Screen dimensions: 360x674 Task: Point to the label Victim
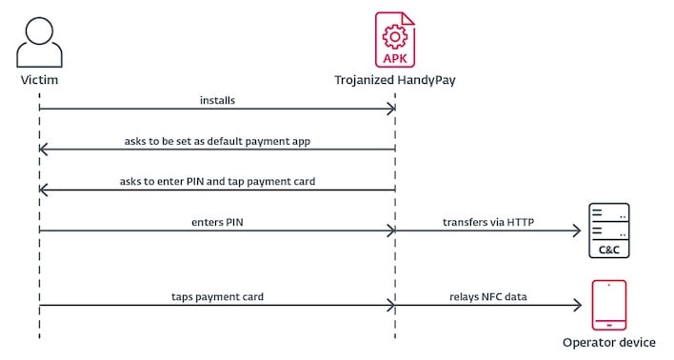(x=39, y=80)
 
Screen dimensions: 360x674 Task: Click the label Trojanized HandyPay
(x=394, y=80)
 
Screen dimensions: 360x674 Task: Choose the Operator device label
(x=609, y=343)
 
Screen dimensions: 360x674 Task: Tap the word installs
(x=218, y=99)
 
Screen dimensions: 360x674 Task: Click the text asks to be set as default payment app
(x=217, y=140)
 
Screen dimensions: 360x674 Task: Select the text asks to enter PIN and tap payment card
(x=217, y=181)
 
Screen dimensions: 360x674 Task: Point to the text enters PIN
(x=218, y=222)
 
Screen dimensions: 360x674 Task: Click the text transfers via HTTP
(x=488, y=222)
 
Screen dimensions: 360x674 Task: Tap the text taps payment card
(x=218, y=297)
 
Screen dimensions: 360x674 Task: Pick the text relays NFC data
(x=488, y=297)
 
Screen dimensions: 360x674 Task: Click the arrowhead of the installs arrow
(x=390, y=109)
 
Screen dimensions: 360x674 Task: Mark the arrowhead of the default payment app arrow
(x=44, y=149)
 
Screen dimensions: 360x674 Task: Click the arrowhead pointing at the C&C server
(x=576, y=230)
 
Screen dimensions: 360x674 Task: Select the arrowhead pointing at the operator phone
(x=576, y=306)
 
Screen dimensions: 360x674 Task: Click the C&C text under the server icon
(x=609, y=250)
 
